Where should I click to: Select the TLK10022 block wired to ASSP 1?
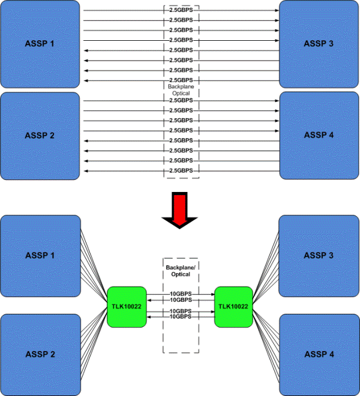127,307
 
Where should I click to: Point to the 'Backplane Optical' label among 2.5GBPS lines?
181,91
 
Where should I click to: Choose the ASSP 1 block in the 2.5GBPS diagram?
40,44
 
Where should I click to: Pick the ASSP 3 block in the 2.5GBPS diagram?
319,44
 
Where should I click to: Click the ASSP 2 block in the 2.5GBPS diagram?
40,136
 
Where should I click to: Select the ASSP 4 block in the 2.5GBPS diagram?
319,136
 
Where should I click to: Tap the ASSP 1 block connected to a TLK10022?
40,256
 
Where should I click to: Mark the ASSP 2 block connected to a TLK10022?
40,354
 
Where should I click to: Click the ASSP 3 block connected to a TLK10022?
319,256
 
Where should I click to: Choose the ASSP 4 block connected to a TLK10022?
319,354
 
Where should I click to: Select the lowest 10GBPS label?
181,316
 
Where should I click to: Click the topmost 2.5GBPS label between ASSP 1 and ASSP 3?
181,10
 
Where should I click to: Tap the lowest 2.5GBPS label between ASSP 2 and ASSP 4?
181,171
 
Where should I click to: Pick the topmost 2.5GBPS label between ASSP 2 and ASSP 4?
181,101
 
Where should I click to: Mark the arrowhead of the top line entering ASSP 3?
277,10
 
